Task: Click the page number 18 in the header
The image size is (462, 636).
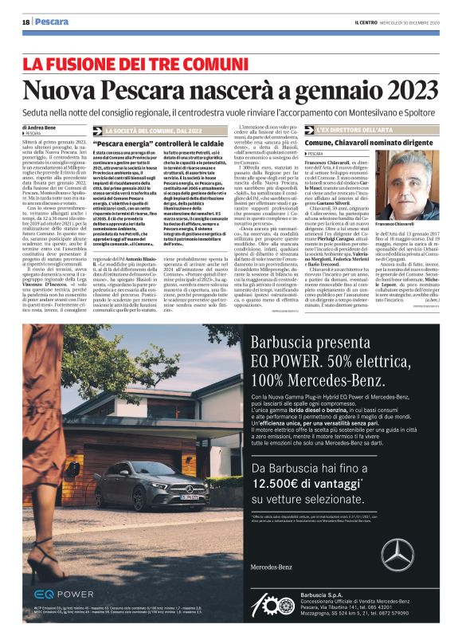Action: (25, 22)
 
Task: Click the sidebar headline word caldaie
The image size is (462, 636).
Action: (197, 143)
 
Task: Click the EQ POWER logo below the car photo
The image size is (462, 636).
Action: (64, 594)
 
